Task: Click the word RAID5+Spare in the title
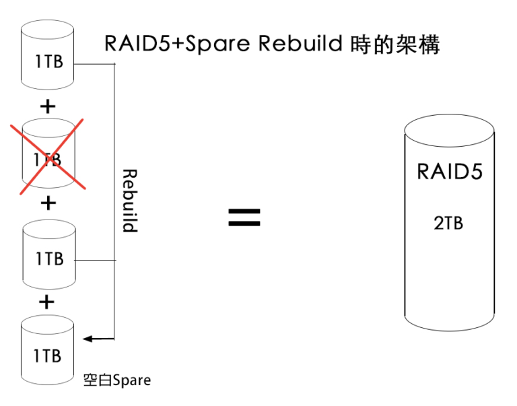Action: pyautogui.click(x=178, y=44)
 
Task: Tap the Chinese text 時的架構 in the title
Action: pyautogui.click(x=395, y=44)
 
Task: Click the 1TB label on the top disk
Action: pyautogui.click(x=49, y=63)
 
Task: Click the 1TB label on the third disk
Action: pyautogui.click(x=49, y=258)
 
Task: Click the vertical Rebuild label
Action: pyautogui.click(x=129, y=201)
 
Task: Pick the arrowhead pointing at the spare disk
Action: pyautogui.click(x=85, y=338)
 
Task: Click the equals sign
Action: pyautogui.click(x=244, y=217)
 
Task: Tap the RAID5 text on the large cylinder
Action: pyautogui.click(x=450, y=170)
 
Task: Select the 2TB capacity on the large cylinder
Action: pyautogui.click(x=448, y=222)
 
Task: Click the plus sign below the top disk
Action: pyautogui.click(x=48, y=106)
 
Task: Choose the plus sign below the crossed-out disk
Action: pyautogui.click(x=48, y=203)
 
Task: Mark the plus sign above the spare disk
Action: pyautogui.click(x=46, y=302)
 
